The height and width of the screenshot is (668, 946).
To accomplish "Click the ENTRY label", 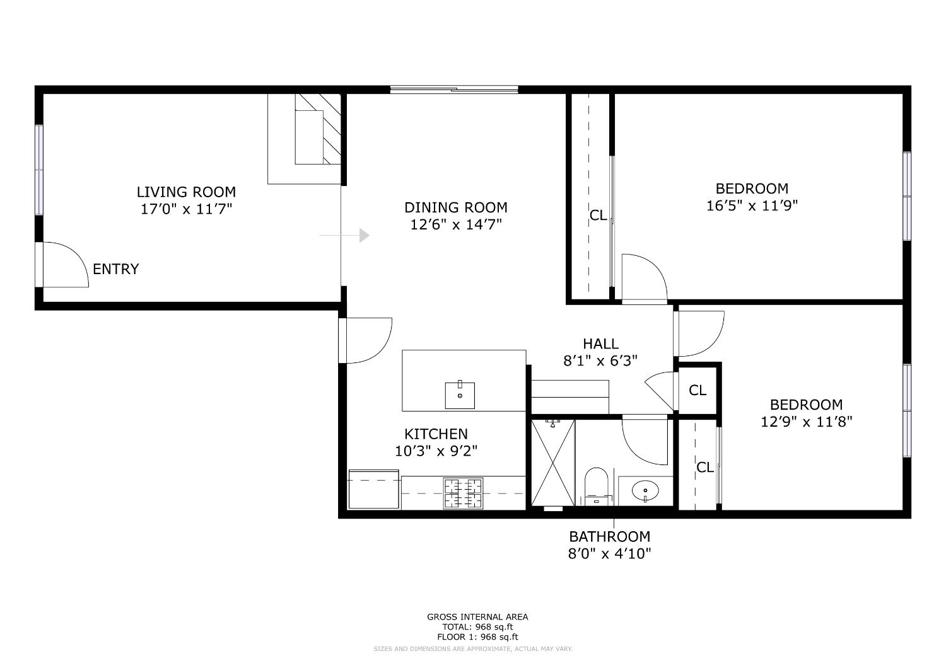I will click(x=115, y=269).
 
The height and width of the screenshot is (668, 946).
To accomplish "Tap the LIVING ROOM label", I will click(x=186, y=192).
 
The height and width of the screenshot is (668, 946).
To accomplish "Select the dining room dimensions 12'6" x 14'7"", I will click(x=456, y=224).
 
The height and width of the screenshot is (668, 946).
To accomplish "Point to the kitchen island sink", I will click(x=460, y=395).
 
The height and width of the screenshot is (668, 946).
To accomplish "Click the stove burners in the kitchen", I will click(x=463, y=493).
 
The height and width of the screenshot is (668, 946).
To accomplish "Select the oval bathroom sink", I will click(x=645, y=490).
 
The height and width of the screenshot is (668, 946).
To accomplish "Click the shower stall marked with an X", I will click(x=552, y=463).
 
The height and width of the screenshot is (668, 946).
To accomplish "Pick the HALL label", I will click(x=600, y=344).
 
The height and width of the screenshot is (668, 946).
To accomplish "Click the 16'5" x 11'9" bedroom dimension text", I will click(x=752, y=205).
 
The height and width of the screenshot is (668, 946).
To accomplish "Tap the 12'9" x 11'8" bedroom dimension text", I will click(x=806, y=422).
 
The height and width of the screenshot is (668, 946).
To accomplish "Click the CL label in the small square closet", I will click(x=697, y=391).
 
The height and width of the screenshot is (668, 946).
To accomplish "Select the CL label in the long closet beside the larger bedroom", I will click(x=598, y=216).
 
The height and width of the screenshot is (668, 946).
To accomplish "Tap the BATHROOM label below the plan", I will click(x=609, y=537).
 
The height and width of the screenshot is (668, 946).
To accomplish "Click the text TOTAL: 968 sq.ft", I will click(x=477, y=627).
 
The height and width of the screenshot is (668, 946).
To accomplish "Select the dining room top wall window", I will click(x=454, y=89).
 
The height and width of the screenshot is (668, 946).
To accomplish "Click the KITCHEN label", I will click(x=436, y=434).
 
